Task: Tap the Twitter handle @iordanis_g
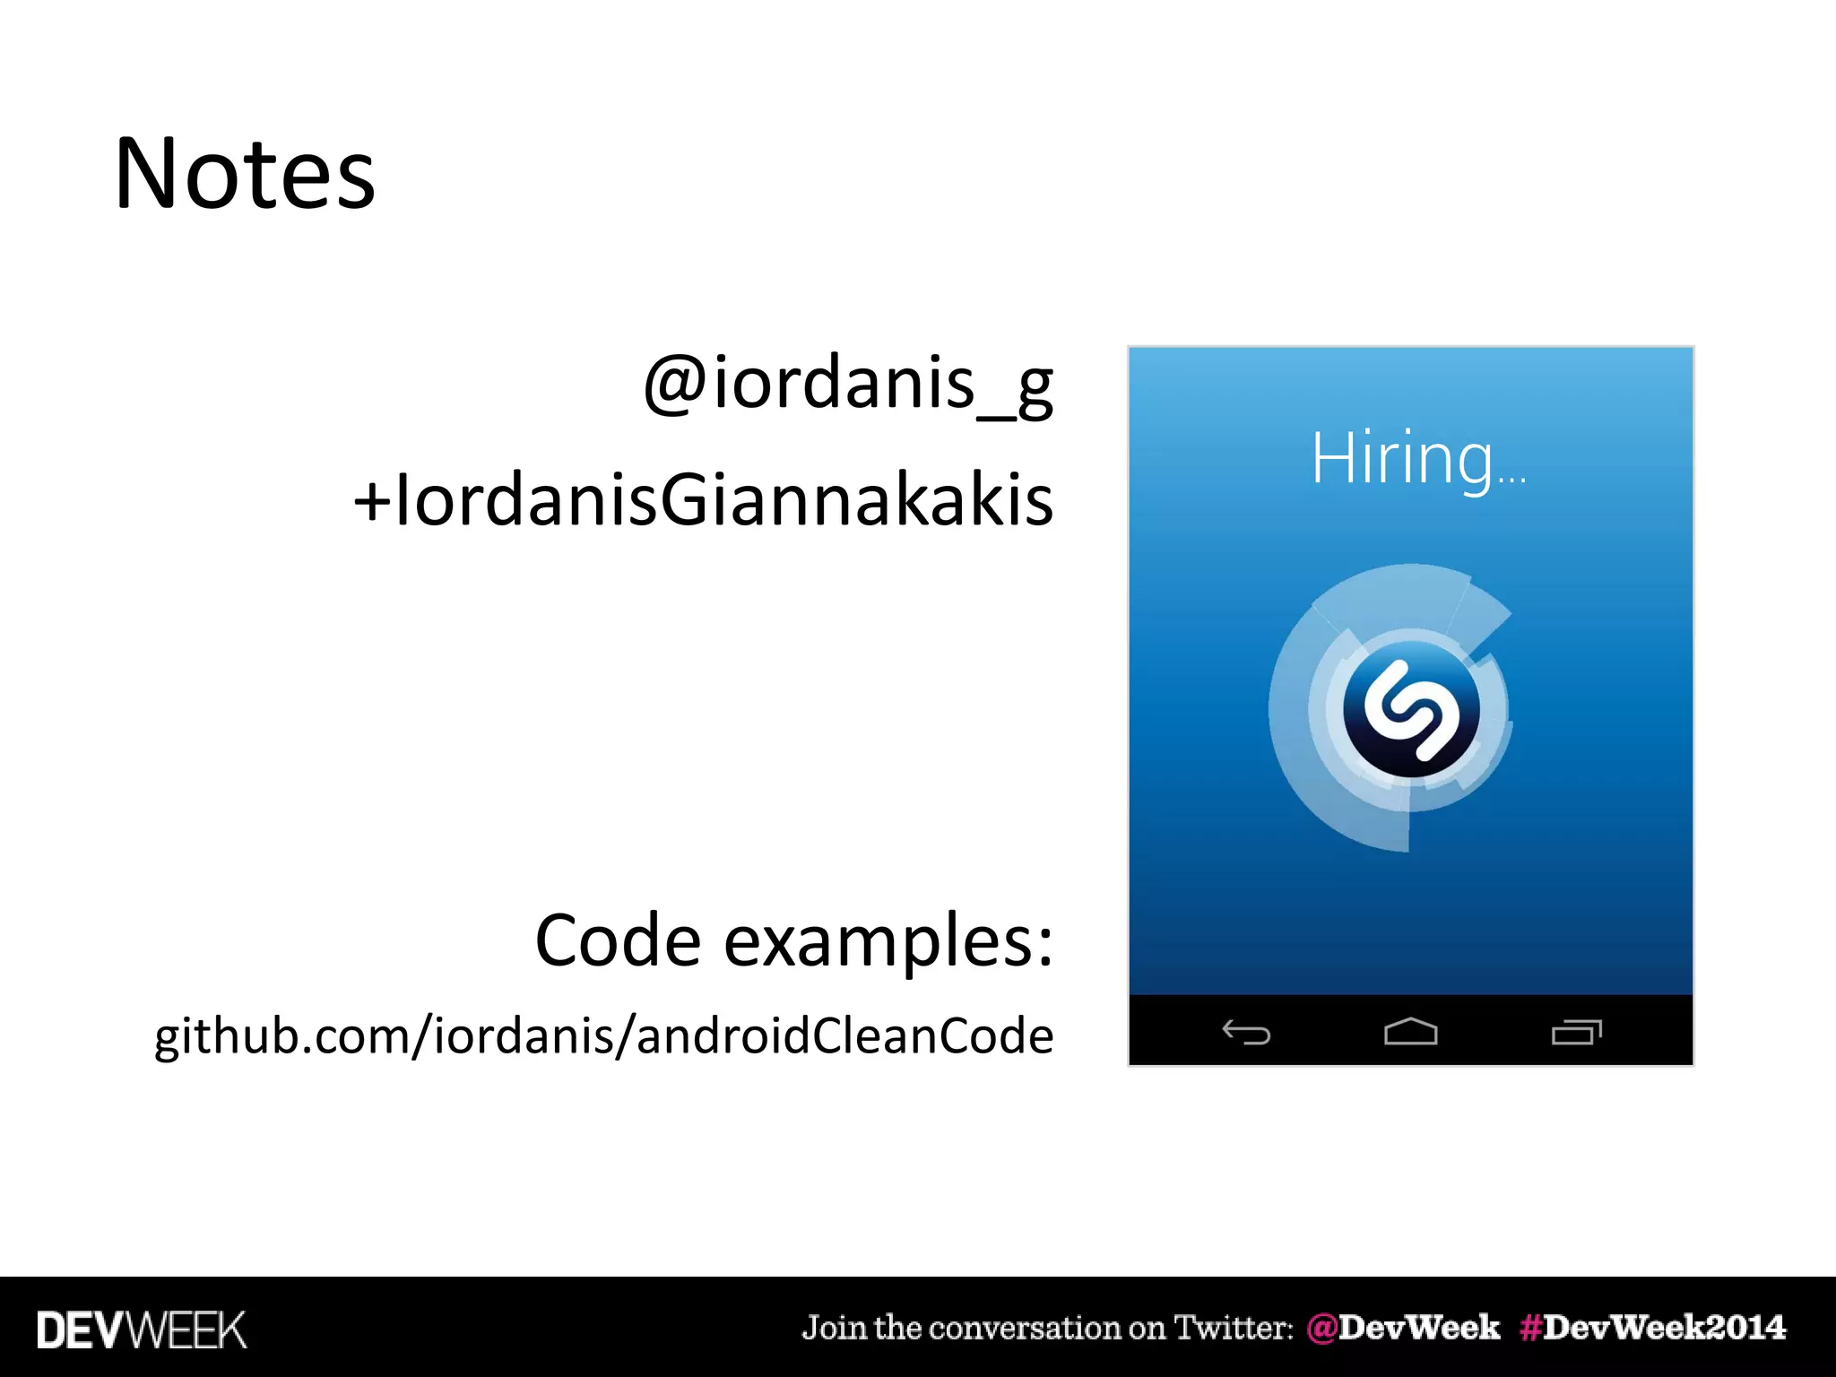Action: click(848, 383)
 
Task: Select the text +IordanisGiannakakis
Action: click(704, 500)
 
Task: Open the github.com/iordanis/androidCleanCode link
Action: click(604, 1035)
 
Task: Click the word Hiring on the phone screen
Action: click(1402, 458)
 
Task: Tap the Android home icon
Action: click(1410, 1032)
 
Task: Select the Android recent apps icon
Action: click(1576, 1032)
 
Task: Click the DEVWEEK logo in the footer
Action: click(142, 1330)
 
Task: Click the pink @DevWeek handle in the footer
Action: click(1403, 1328)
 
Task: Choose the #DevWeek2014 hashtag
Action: click(1652, 1328)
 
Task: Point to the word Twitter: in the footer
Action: click(1234, 1328)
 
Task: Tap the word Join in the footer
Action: click(833, 1328)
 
